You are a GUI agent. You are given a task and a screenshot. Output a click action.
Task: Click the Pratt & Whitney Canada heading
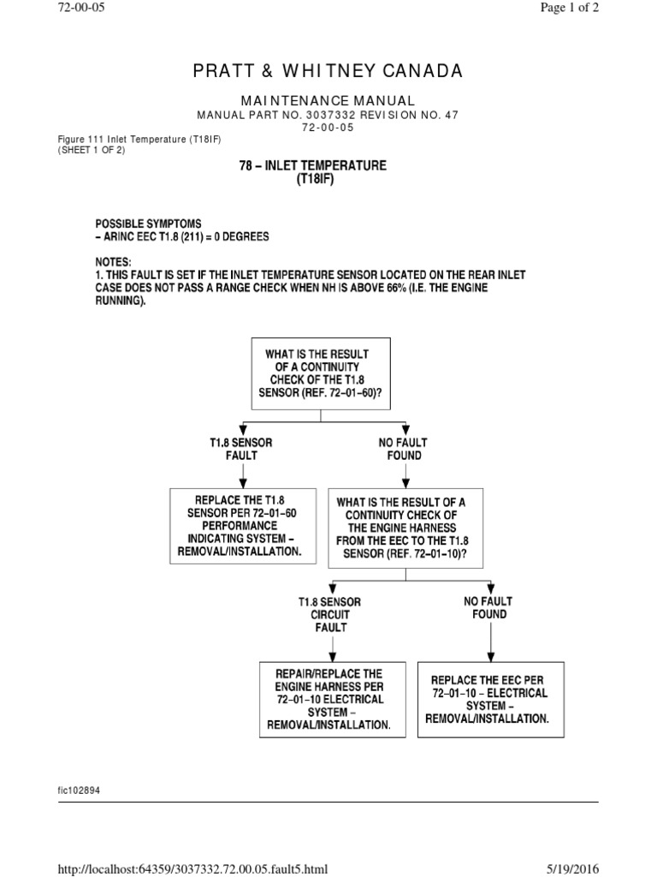pos(328,70)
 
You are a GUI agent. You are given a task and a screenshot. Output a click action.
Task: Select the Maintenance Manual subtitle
pos(328,101)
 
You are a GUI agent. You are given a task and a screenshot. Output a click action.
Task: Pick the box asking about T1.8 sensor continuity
pos(319,374)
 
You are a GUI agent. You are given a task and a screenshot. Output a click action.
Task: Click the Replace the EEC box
pos(491,699)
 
